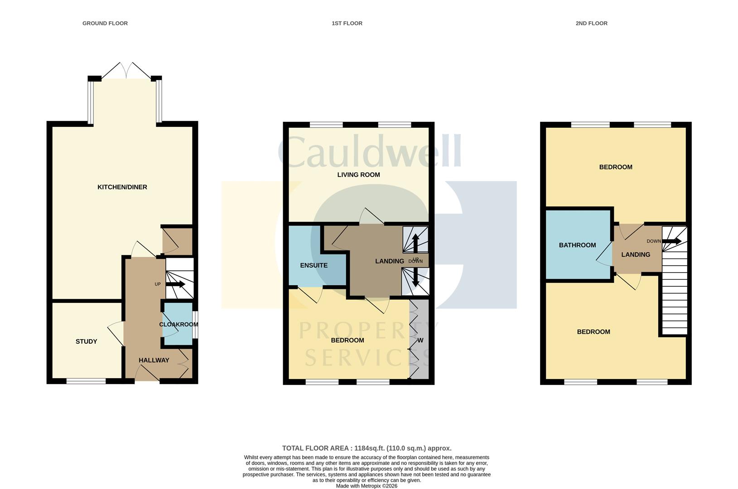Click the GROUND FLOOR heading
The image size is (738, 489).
(105, 23)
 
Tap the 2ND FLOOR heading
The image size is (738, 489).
(591, 23)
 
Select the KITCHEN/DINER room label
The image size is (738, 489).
(122, 187)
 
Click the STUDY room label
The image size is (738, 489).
(86, 341)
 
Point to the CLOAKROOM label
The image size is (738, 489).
(178, 324)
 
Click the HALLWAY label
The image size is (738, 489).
(154, 360)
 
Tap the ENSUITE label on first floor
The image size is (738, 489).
(314, 265)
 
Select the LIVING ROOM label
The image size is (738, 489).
(358, 175)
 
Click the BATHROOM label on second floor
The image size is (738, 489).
(577, 245)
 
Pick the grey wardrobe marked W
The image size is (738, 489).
(420, 340)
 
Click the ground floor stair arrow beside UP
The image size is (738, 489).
(175, 284)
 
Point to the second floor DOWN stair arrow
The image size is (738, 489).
(671, 241)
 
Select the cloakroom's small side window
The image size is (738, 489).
(195, 325)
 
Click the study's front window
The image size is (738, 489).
(86, 382)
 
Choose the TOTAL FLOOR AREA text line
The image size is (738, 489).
(367, 448)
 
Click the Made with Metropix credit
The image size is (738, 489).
(367, 486)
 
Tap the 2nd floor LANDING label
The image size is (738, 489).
(635, 254)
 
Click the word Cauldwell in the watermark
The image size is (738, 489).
(369, 152)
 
